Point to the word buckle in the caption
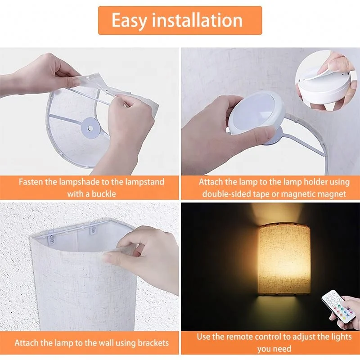point(102,194)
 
